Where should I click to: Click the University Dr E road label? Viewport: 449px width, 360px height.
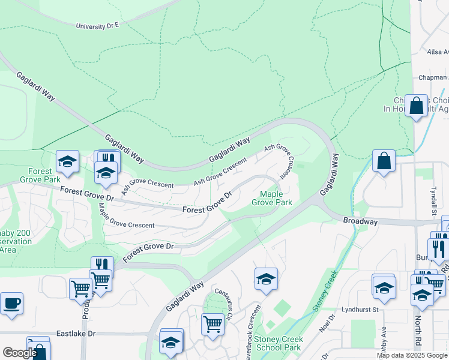[98, 26]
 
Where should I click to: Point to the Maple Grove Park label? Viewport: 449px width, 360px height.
[276, 198]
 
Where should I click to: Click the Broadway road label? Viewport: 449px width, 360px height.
[360, 221]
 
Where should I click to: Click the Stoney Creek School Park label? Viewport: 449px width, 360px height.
[278, 343]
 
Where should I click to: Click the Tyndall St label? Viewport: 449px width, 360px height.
[433, 200]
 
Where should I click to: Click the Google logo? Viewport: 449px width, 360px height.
[20, 353]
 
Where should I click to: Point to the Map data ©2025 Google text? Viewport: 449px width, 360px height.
[412, 355]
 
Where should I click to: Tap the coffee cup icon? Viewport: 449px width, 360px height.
[11, 303]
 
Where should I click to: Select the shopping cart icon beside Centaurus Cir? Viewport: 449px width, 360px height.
[212, 324]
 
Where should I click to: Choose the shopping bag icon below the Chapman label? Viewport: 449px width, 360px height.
[416, 106]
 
